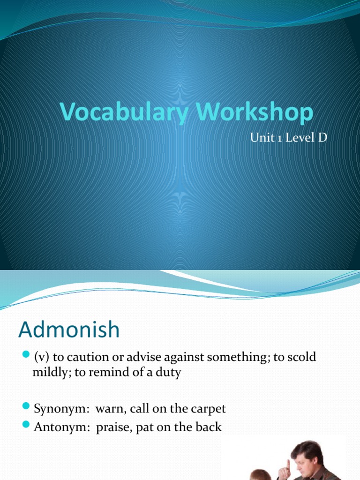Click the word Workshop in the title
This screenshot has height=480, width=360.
(x=249, y=113)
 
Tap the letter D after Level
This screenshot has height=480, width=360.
(x=322, y=138)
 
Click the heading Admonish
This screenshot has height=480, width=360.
(x=69, y=330)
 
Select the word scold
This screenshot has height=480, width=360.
(x=303, y=357)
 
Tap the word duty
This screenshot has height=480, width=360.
(x=169, y=374)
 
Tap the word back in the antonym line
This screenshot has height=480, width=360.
(x=210, y=427)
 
